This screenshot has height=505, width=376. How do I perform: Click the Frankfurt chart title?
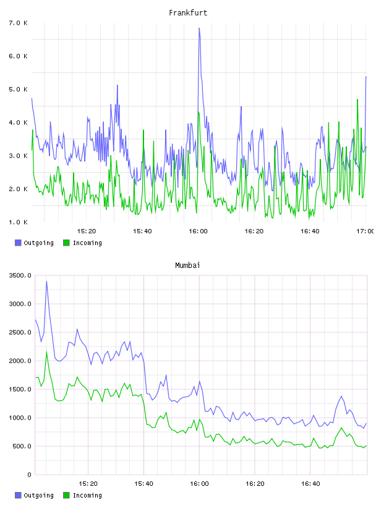pyautogui.click(x=188, y=13)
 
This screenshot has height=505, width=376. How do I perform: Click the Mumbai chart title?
pyautogui.click(x=187, y=265)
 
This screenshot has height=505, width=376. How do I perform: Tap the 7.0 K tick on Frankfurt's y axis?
pyautogui.click(x=18, y=23)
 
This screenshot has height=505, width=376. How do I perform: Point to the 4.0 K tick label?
pyautogui.click(x=18, y=123)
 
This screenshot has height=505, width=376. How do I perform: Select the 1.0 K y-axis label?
pyautogui.click(x=18, y=222)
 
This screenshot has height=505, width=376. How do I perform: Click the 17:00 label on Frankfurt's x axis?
pyautogui.click(x=365, y=231)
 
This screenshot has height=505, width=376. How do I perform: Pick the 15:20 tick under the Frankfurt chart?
pyautogui.click(x=87, y=231)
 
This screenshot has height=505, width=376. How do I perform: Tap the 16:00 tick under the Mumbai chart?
pyautogui.click(x=199, y=483)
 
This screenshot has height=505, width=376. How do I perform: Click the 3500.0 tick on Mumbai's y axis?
pyautogui.click(x=20, y=275)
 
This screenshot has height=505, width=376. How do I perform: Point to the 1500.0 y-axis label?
pyautogui.click(x=20, y=389)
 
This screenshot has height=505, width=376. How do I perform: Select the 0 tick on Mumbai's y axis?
pyautogui.click(x=29, y=475)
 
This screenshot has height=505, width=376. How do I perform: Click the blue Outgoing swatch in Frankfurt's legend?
pyautogui.click(x=18, y=243)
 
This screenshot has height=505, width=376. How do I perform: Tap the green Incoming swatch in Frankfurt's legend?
pyautogui.click(x=66, y=243)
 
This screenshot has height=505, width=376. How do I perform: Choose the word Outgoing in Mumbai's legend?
pyautogui.click(x=38, y=495)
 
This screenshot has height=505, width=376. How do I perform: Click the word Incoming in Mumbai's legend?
pyautogui.click(x=87, y=495)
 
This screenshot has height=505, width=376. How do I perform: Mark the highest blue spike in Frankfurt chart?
pyautogui.click(x=199, y=28)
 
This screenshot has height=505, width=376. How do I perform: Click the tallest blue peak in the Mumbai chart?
pyautogui.click(x=46, y=282)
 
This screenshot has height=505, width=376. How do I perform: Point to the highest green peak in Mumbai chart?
pyautogui.click(x=46, y=352)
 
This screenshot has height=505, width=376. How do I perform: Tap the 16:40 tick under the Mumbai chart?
pyautogui.click(x=310, y=483)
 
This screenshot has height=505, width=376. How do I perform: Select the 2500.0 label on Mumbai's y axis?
pyautogui.click(x=20, y=332)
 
